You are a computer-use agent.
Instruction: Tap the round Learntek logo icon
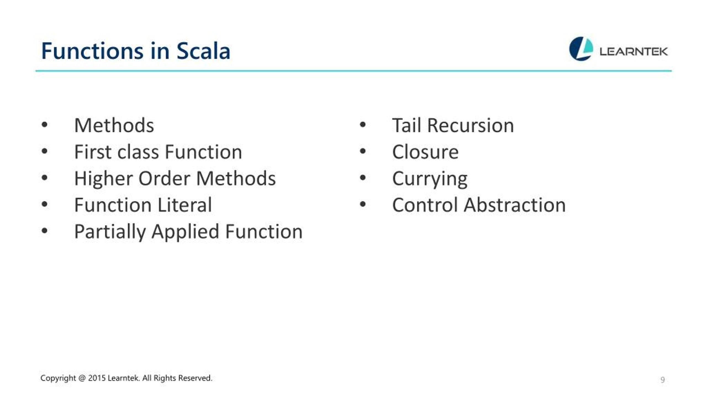581,49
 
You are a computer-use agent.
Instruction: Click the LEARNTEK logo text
634,52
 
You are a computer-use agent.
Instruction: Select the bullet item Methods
114,125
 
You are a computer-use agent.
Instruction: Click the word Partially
110,232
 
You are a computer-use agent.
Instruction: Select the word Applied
185,232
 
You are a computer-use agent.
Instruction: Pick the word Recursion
470,125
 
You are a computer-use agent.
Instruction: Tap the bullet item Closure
425,152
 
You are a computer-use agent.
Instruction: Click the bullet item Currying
430,179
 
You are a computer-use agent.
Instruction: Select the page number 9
662,380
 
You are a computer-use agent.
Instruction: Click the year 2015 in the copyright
97,378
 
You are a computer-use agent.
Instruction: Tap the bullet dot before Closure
363,151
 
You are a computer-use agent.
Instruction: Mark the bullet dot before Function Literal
44,205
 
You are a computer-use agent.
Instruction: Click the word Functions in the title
92,51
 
